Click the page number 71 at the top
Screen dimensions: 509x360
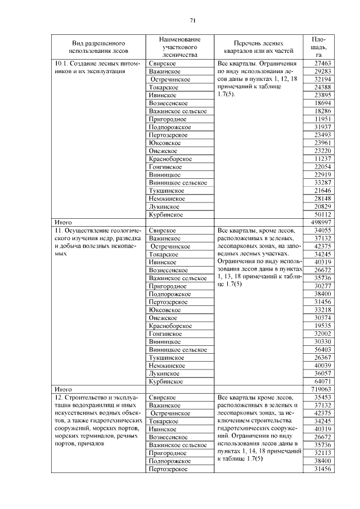coord(192,21)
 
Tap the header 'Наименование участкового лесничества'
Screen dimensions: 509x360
coord(179,48)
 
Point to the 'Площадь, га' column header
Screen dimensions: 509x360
coord(318,48)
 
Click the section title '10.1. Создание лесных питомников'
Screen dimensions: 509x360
coord(96,68)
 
